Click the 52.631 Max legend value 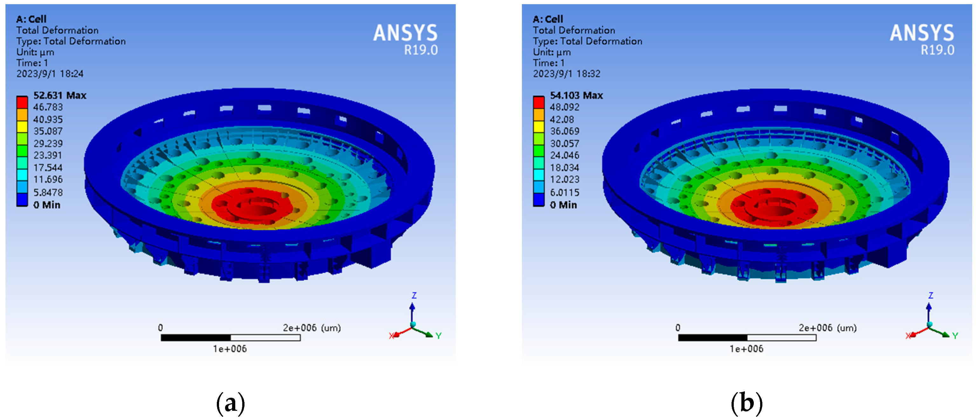[60, 95]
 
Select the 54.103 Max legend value [576, 95]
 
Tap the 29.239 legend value [48, 143]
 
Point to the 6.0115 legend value [565, 192]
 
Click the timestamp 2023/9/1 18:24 [50, 73]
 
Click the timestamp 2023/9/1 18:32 [567, 73]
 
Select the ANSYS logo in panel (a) [405, 33]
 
